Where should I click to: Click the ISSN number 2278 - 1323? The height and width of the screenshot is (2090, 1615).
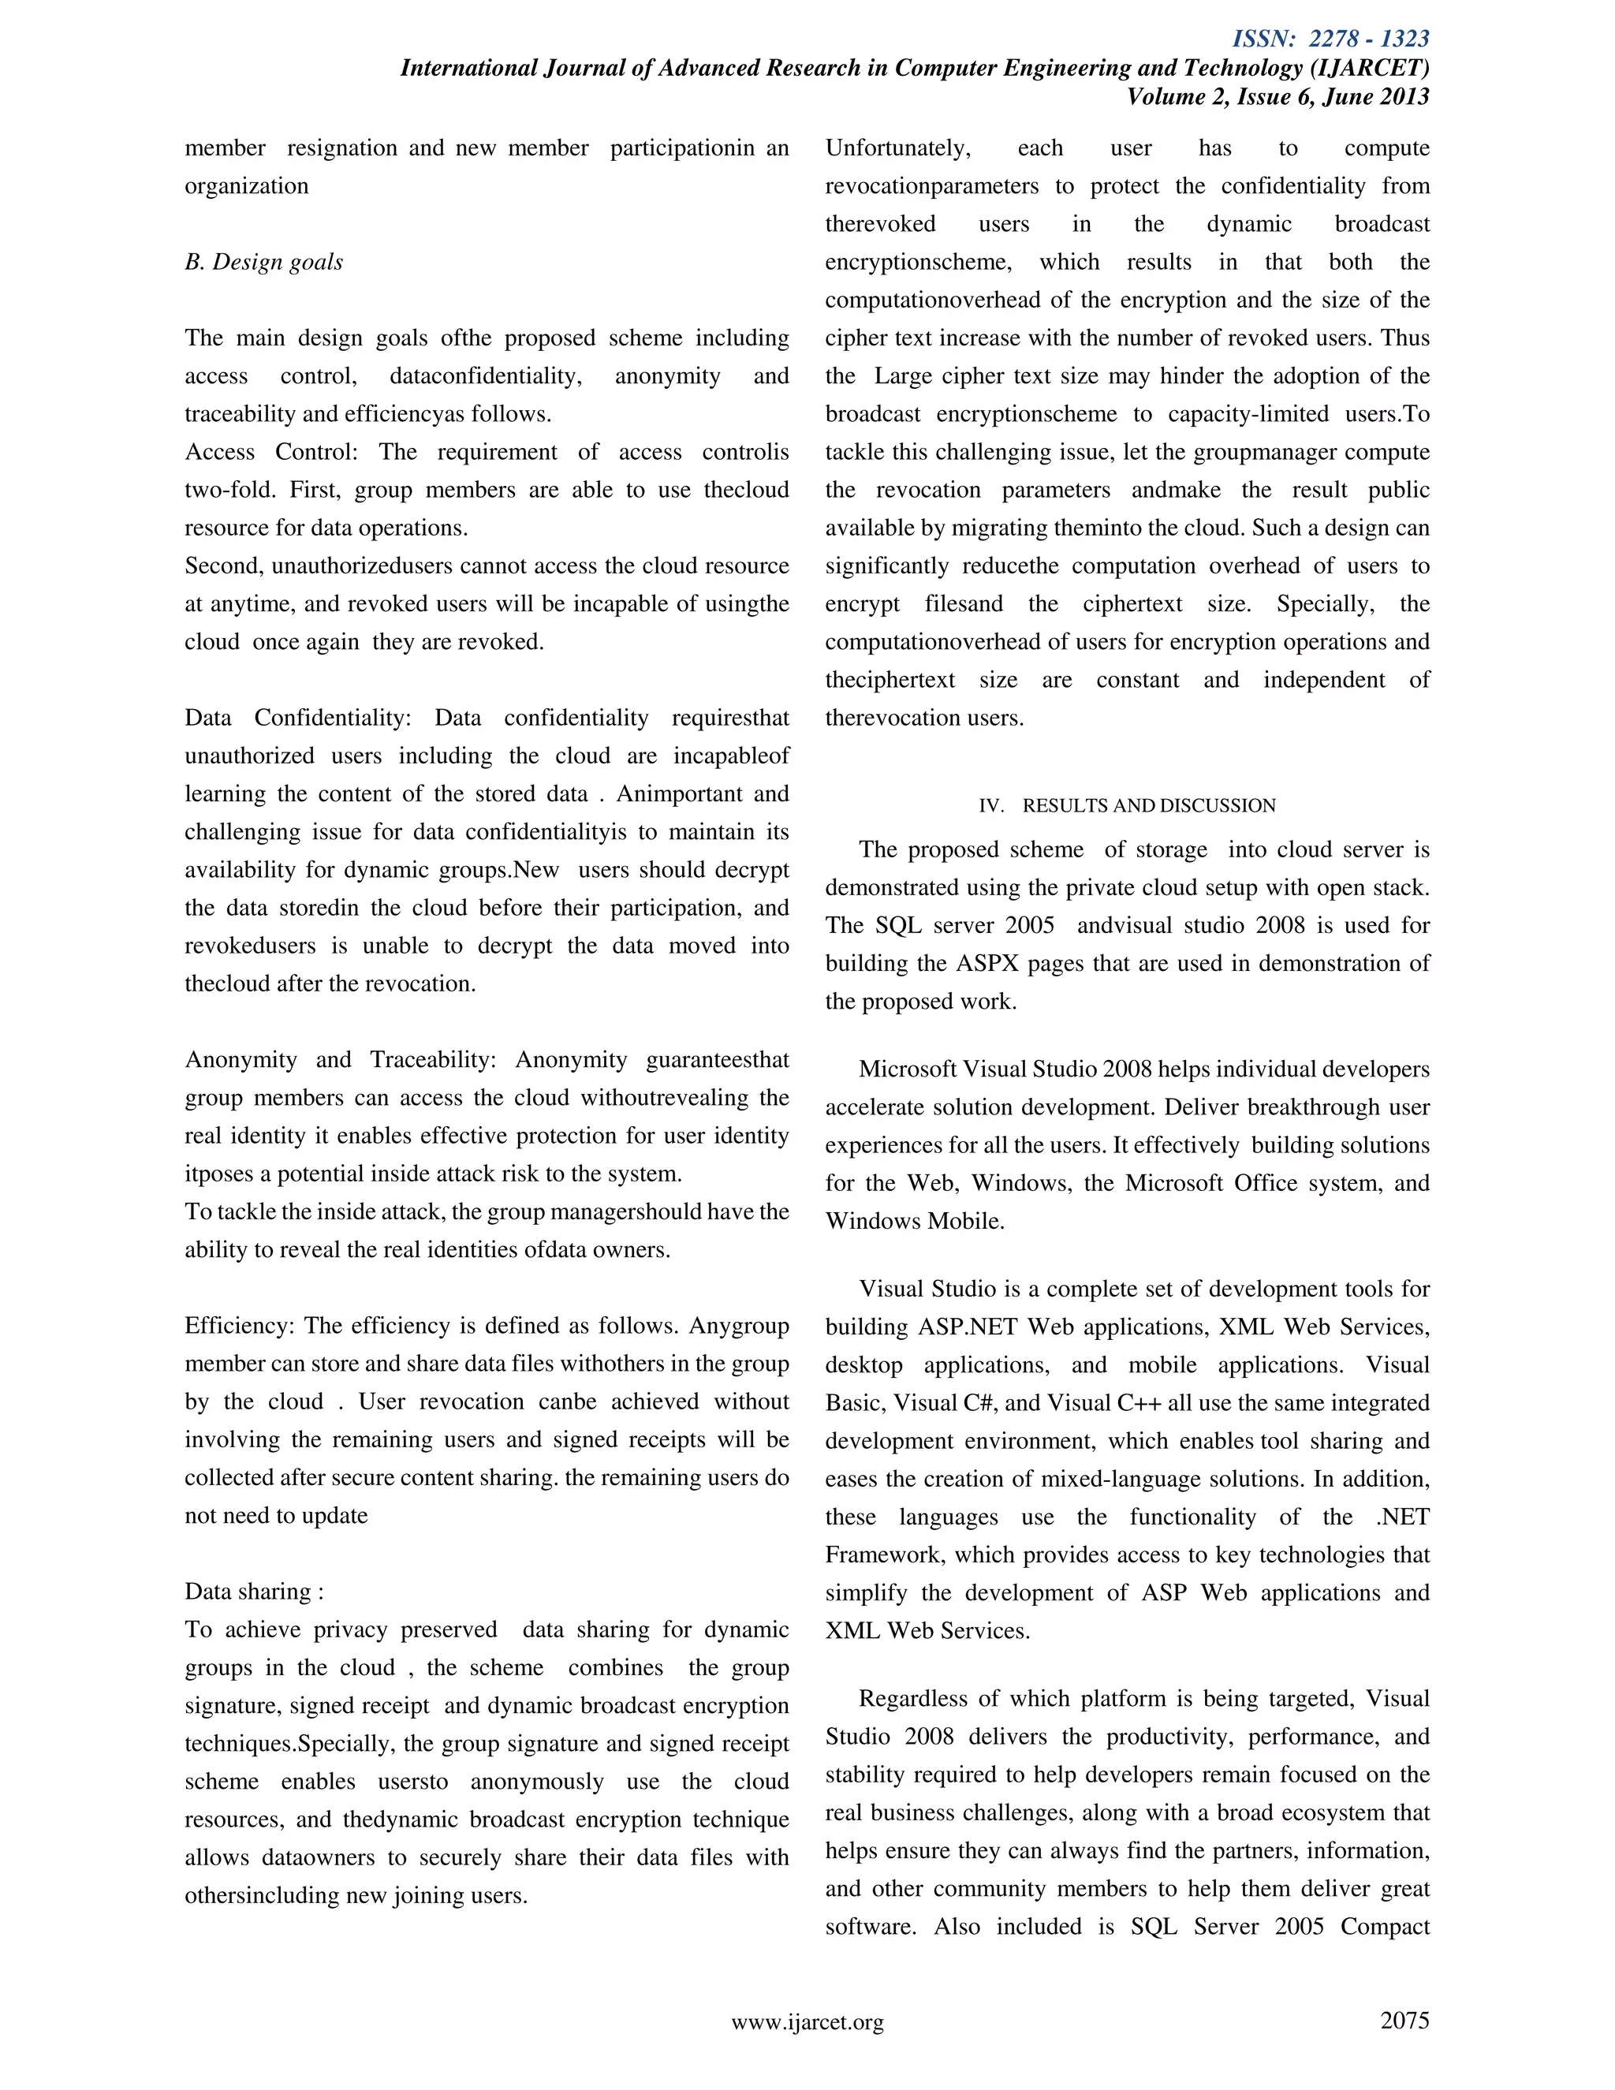click(x=1368, y=39)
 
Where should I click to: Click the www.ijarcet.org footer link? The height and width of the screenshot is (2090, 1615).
click(x=807, y=2022)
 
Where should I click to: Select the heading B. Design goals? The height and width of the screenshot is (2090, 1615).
click(x=263, y=262)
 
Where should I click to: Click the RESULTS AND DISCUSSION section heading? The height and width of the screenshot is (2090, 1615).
click(x=1148, y=806)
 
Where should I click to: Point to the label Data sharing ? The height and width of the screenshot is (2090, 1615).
click(x=254, y=1592)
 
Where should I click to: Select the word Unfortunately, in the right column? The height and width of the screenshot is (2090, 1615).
click(x=897, y=148)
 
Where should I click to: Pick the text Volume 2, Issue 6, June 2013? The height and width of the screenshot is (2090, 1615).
click(x=1277, y=97)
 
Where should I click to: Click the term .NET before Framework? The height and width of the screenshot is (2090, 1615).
click(x=1403, y=1517)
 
